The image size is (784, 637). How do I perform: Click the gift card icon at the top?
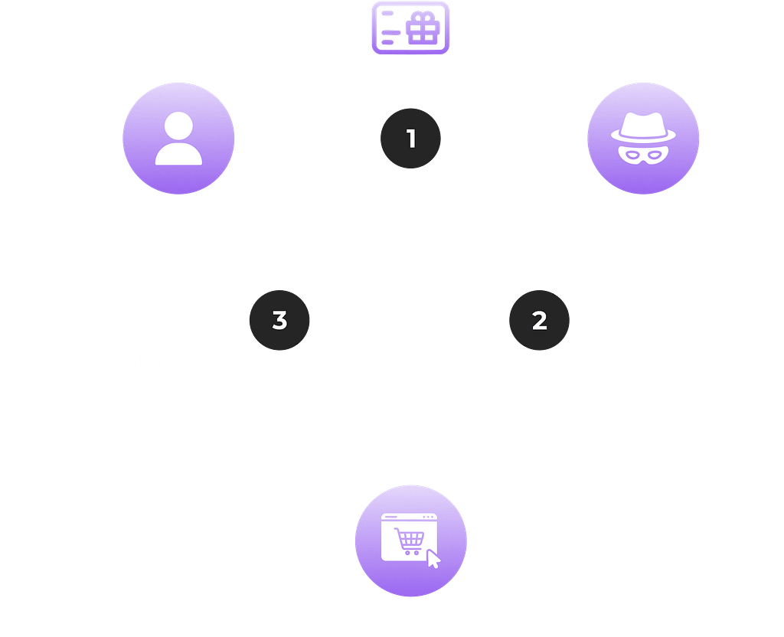coord(410,28)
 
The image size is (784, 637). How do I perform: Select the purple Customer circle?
coord(178,139)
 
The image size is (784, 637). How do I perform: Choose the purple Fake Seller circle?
coord(643,139)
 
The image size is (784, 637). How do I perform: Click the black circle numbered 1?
coord(411,139)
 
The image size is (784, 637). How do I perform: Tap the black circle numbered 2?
coord(539,321)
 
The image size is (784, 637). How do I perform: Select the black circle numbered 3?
coord(279,320)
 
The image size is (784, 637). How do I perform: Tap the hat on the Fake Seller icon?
coord(643,127)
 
